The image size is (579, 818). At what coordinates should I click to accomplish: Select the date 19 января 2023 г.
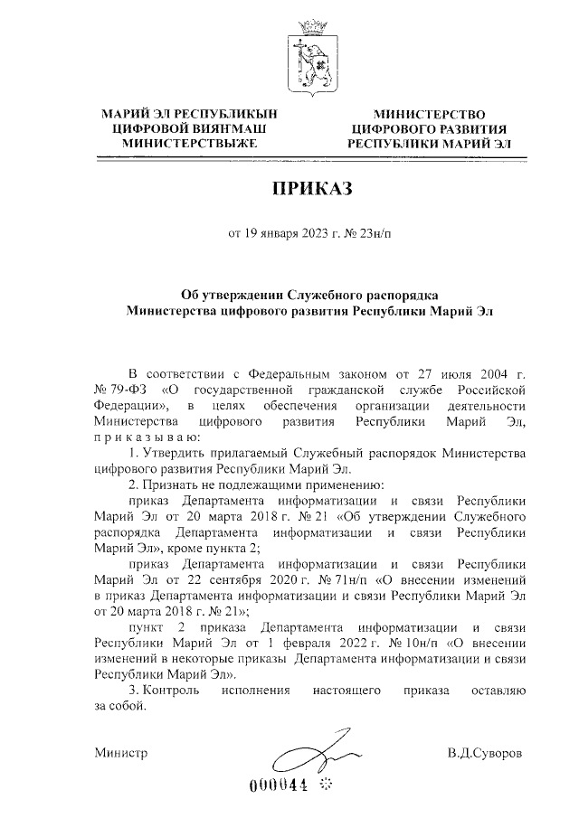point(283,237)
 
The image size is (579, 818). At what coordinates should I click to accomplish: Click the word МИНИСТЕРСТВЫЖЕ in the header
point(190,143)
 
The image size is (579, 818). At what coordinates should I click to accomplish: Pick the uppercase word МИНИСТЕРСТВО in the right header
point(429,114)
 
